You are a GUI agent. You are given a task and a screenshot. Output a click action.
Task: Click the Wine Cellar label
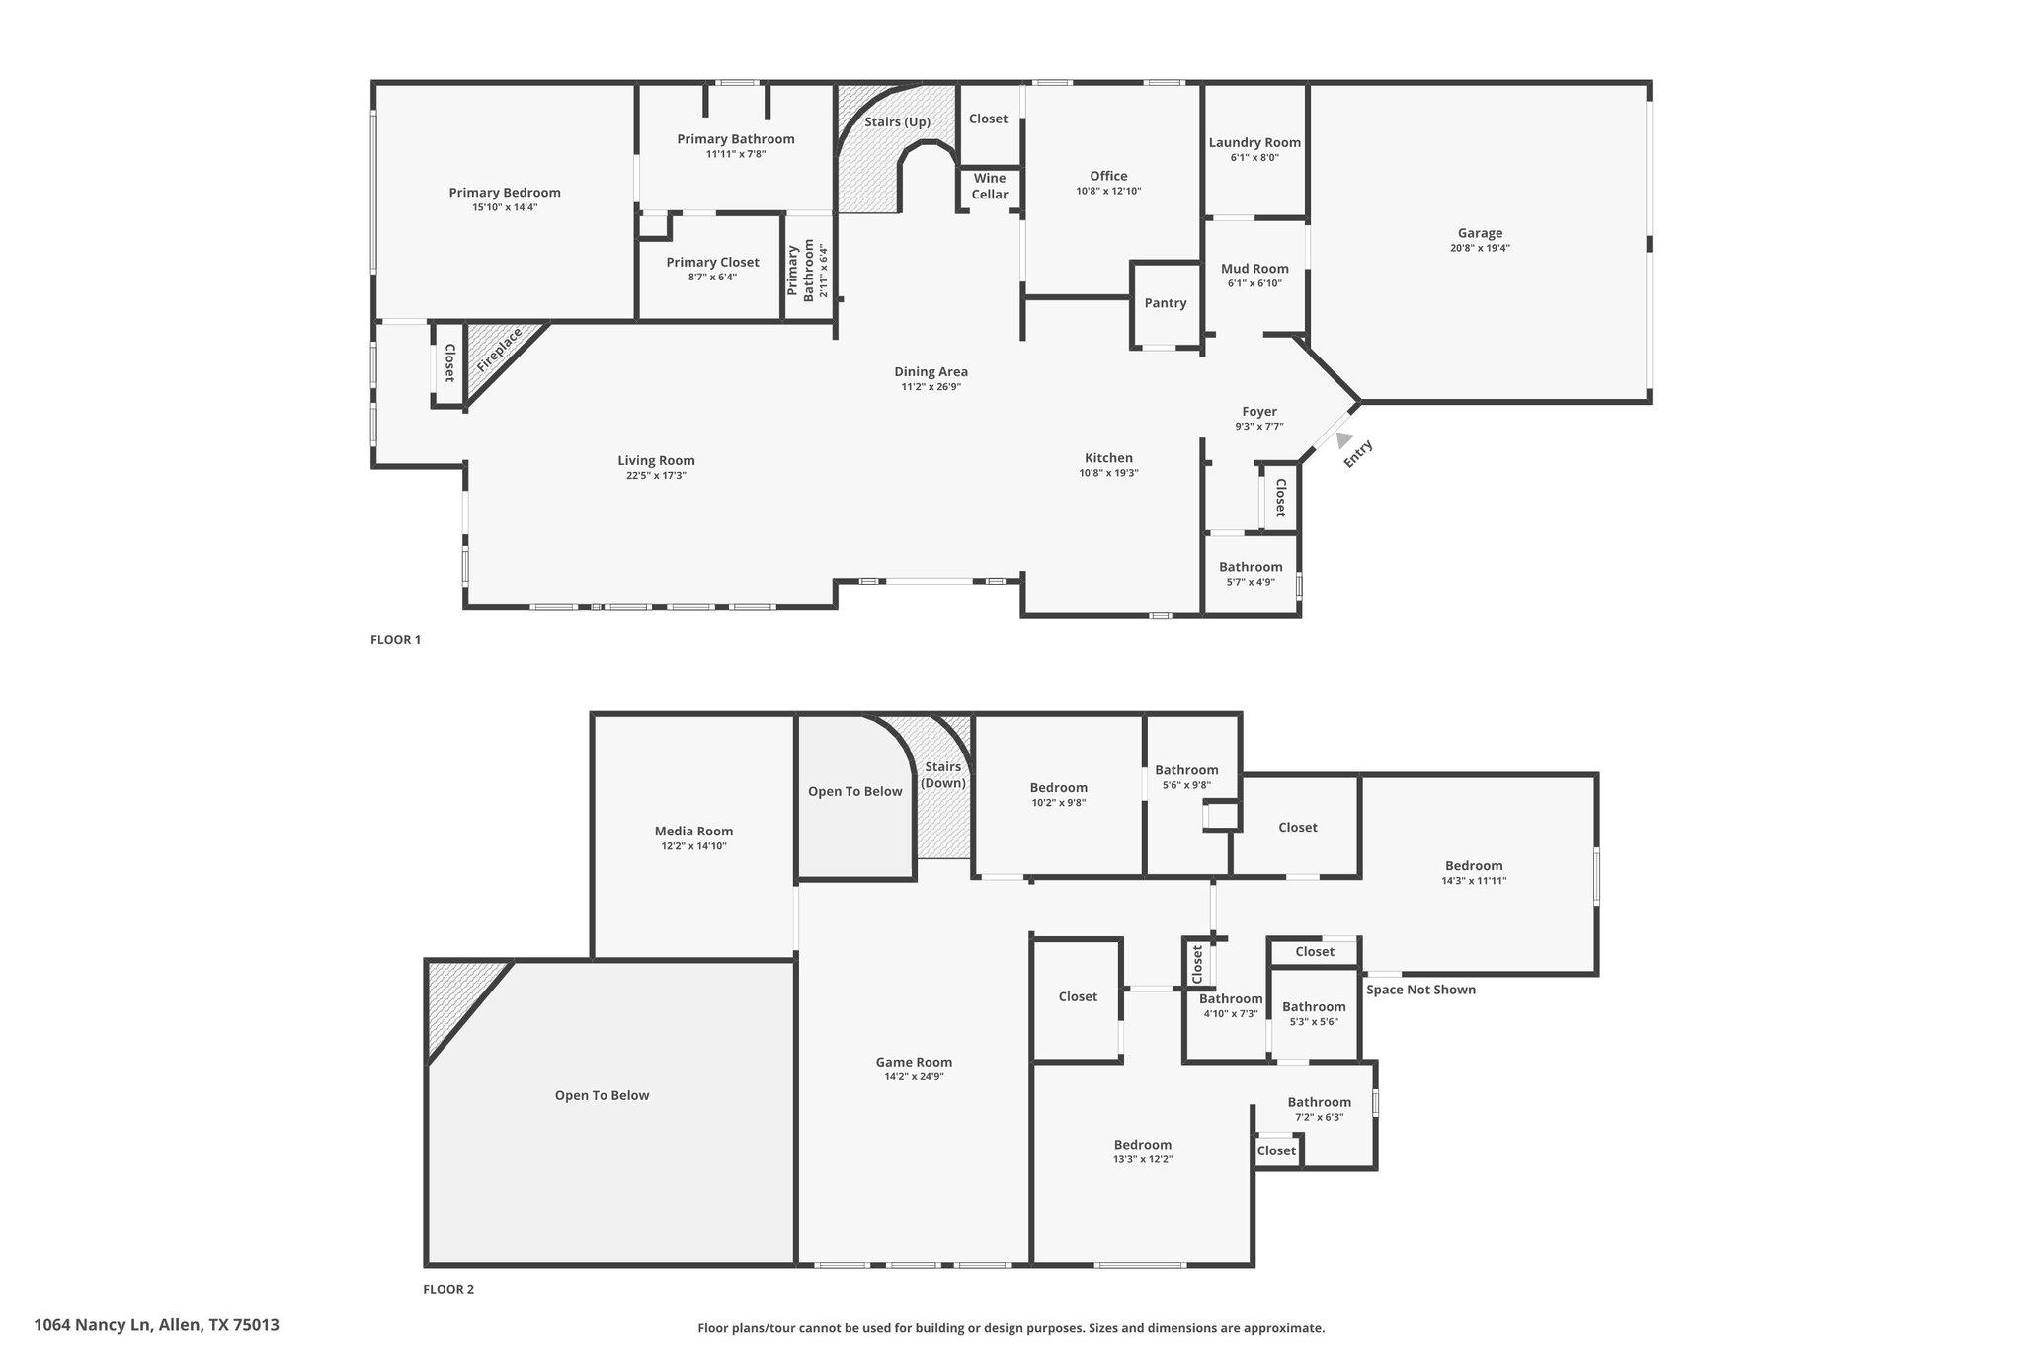990,186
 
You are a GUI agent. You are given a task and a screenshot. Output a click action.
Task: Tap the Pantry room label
1166,303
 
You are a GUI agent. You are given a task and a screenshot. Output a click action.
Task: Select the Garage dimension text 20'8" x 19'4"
1480,248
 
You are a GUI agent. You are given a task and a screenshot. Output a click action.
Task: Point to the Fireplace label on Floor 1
499,350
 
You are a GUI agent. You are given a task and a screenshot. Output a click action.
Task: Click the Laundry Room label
1254,142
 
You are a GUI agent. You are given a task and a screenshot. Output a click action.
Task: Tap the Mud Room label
1254,269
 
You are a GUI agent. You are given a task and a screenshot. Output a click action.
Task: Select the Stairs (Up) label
897,121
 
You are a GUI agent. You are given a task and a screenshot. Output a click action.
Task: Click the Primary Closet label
712,262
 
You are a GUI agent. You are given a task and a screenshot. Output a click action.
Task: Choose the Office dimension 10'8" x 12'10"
1108,191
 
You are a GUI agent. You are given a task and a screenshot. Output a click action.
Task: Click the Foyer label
1259,411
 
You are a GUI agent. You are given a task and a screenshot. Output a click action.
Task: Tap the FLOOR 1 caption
395,639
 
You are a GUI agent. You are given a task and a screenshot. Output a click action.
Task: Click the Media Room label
693,831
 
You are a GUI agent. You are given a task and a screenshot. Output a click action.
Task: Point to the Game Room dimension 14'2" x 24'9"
914,1076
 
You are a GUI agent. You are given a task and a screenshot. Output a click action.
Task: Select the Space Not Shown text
1420,990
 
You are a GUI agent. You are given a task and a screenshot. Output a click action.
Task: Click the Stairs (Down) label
943,775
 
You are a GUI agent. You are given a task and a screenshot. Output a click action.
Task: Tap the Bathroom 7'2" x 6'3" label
1319,1102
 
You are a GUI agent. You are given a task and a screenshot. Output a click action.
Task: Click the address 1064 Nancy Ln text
95,1325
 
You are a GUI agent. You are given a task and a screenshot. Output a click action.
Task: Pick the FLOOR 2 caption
448,1289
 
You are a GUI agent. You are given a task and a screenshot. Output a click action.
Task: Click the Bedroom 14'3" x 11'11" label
1474,865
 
